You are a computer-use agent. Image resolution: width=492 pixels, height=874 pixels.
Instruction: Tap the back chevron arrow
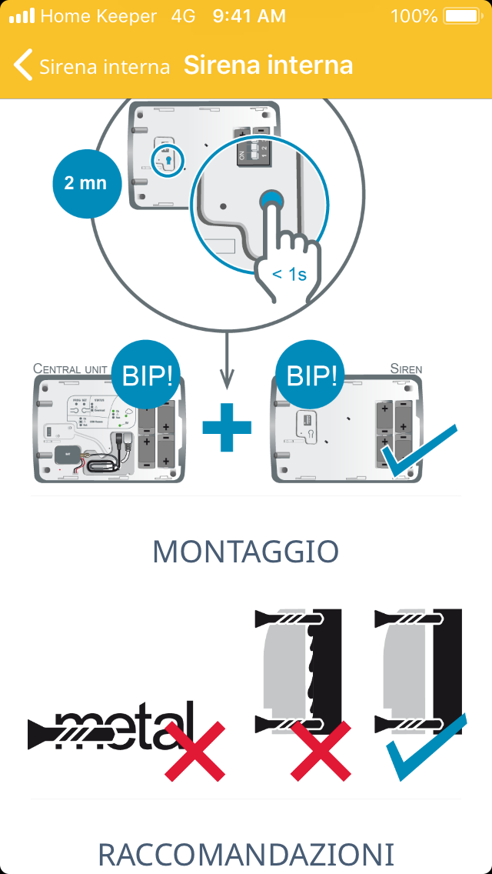coord(23,65)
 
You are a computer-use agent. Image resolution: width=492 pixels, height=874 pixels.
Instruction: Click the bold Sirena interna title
coord(268,65)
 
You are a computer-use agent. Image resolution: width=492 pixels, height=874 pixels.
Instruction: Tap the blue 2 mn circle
coord(85,183)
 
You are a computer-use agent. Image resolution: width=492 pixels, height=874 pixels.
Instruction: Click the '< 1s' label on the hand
coord(289,274)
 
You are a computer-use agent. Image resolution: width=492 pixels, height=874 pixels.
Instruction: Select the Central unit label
coord(70,369)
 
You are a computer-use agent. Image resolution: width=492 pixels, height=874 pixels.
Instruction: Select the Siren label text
coord(406,369)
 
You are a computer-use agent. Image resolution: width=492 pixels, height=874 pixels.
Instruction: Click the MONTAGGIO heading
coord(245,552)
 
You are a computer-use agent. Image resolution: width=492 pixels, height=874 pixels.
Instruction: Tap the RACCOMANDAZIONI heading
coord(245,854)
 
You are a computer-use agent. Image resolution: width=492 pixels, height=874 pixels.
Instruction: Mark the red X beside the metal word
coord(194,750)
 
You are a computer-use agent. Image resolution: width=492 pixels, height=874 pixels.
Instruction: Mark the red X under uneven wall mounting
coord(321,750)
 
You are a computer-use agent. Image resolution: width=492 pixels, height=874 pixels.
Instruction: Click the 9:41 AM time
coord(248,15)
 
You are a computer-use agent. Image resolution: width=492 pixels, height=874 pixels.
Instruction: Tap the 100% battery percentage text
coord(414,15)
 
